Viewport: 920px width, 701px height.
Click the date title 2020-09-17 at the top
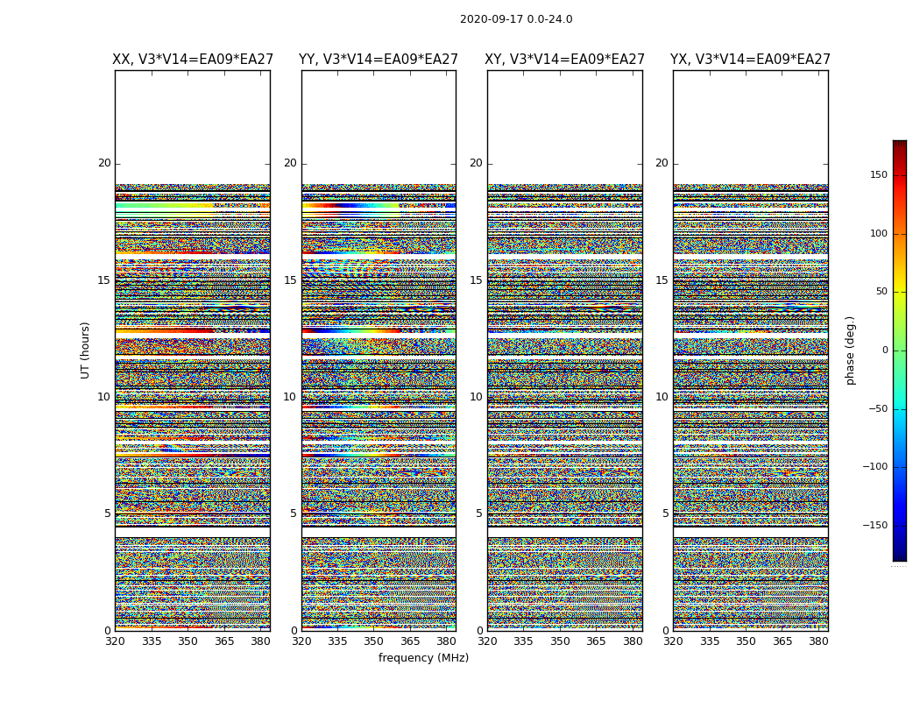(x=515, y=19)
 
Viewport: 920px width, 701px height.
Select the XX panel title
(x=193, y=60)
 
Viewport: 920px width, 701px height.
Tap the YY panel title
(x=379, y=60)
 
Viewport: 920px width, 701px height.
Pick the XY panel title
(x=565, y=60)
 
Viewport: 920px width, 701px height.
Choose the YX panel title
(x=751, y=60)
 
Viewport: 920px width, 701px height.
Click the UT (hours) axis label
(x=86, y=350)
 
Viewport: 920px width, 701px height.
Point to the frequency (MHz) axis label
(x=423, y=658)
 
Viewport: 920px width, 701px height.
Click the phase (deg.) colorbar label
(x=850, y=350)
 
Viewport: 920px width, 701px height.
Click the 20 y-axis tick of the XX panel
(x=104, y=163)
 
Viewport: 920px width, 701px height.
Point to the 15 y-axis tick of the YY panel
(x=290, y=280)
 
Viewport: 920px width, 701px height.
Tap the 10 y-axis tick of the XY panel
(x=476, y=397)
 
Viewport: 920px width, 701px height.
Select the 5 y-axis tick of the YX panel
(x=665, y=513)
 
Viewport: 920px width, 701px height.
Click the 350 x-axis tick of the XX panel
(x=188, y=641)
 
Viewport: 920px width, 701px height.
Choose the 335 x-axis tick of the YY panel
(x=337, y=641)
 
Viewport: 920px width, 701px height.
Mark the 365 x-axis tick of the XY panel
(x=596, y=641)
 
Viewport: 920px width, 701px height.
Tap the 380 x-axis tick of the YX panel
(x=818, y=641)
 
